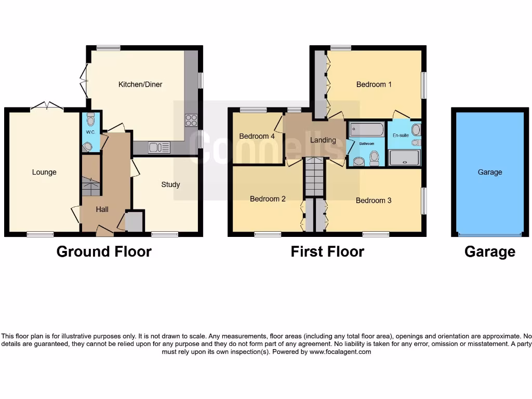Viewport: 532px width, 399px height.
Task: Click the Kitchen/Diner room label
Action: pos(140,84)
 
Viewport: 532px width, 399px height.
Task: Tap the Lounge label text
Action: pos(44,172)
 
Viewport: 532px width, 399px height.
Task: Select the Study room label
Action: pos(170,184)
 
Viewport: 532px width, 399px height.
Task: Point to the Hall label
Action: pos(102,209)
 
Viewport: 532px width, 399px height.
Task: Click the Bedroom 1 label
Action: pos(374,84)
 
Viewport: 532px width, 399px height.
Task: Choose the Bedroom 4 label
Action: pos(257,136)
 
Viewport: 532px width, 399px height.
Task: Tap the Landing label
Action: pos(323,140)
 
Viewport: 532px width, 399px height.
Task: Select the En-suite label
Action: pos(401,135)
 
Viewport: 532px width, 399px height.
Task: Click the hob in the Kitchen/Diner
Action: pos(191,120)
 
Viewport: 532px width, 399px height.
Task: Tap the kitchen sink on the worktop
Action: pos(158,148)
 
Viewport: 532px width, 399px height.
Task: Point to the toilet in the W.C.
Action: pos(91,121)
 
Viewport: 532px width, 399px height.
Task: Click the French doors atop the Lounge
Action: pos(47,107)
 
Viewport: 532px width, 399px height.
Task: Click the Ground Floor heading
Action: pos(104,251)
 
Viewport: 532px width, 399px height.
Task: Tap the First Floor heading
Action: pos(327,251)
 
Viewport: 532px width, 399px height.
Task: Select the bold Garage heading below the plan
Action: pos(489,251)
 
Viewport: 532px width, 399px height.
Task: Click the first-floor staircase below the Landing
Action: pos(314,176)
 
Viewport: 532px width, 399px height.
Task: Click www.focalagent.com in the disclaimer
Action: pos(341,352)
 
